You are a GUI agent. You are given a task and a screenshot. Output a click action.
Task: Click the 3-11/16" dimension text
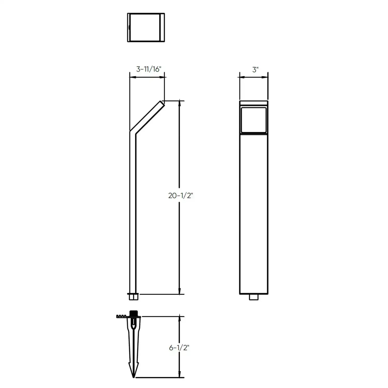[x=149, y=69]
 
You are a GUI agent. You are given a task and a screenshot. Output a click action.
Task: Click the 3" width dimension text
[x=255, y=70]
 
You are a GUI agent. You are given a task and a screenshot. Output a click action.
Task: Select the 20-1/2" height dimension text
[x=181, y=196]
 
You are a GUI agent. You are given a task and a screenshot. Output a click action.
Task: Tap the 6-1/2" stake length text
[x=179, y=348]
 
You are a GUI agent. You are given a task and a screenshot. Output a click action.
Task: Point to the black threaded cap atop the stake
[x=133, y=313]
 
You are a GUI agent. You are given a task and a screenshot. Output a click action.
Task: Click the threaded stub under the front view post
[x=254, y=297]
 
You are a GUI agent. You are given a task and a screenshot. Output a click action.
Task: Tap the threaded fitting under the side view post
[x=133, y=297]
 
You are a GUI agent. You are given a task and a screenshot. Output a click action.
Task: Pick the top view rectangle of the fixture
[x=146, y=27]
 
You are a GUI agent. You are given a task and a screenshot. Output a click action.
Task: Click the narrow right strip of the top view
[x=162, y=27]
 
